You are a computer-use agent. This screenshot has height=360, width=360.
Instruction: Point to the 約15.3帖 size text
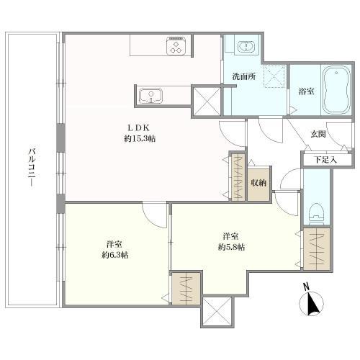pyautogui.click(x=139, y=139)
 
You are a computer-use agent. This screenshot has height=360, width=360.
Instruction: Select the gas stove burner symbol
pyautogui.click(x=176, y=47)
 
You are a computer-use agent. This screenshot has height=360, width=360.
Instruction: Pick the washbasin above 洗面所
pyautogui.click(x=246, y=46)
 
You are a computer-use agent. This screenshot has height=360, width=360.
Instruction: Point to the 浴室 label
pyautogui.click(x=305, y=91)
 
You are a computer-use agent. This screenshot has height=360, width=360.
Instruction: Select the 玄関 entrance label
pyautogui.click(x=319, y=134)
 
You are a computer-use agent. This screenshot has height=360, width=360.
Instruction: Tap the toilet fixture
pyautogui.click(x=315, y=210)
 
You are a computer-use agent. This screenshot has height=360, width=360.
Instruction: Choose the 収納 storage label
pyautogui.click(x=258, y=183)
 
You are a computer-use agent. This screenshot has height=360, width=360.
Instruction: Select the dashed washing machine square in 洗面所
pyautogui.click(x=274, y=76)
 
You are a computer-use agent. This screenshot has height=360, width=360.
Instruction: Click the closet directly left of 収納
pyautogui.click(x=237, y=176)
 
